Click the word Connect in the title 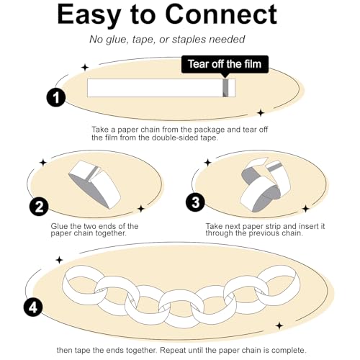(x=221, y=14)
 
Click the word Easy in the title (x=89, y=16)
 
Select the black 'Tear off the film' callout (x=225, y=64)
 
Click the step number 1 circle (x=56, y=98)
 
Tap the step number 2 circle (x=39, y=207)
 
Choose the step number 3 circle (x=195, y=202)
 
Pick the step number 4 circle (x=33, y=307)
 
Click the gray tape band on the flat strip (x=225, y=88)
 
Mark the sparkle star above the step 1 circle (x=84, y=67)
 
